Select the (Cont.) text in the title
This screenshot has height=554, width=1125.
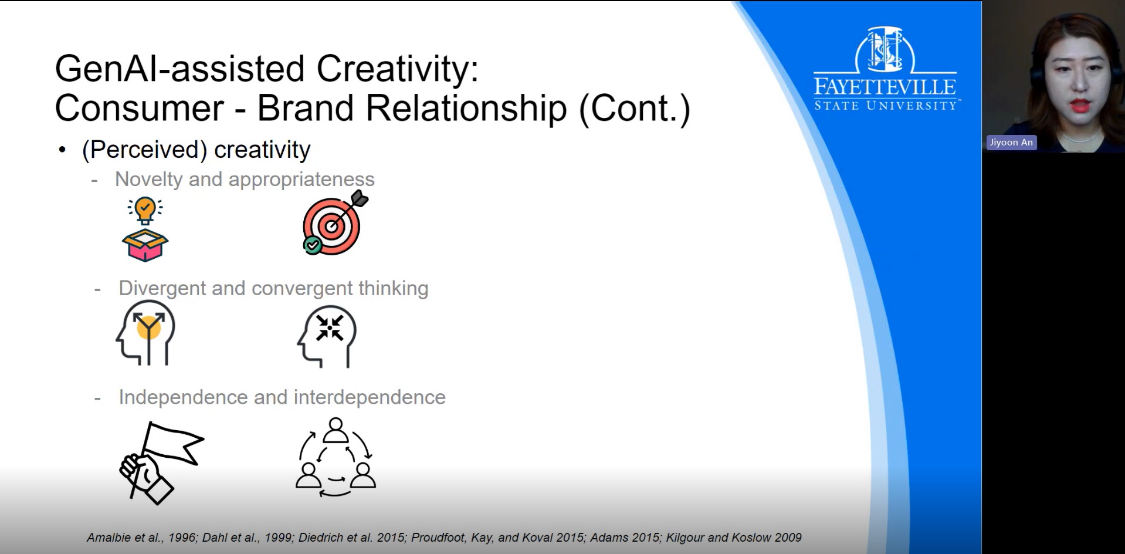[635, 109]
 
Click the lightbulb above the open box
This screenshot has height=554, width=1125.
[145, 211]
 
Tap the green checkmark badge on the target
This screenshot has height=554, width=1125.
[313, 245]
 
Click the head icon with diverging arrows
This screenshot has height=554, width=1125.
[146, 332]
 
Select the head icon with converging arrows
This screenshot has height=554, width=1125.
[327, 336]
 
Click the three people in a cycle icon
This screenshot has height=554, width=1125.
[336, 457]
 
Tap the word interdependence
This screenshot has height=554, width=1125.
[370, 397]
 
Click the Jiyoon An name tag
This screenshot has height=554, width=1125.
[1011, 143]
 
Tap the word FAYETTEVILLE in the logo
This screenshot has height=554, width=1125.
[885, 87]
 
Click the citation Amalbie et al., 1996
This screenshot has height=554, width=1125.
[141, 538]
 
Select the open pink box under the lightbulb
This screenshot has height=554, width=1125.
[145, 245]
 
